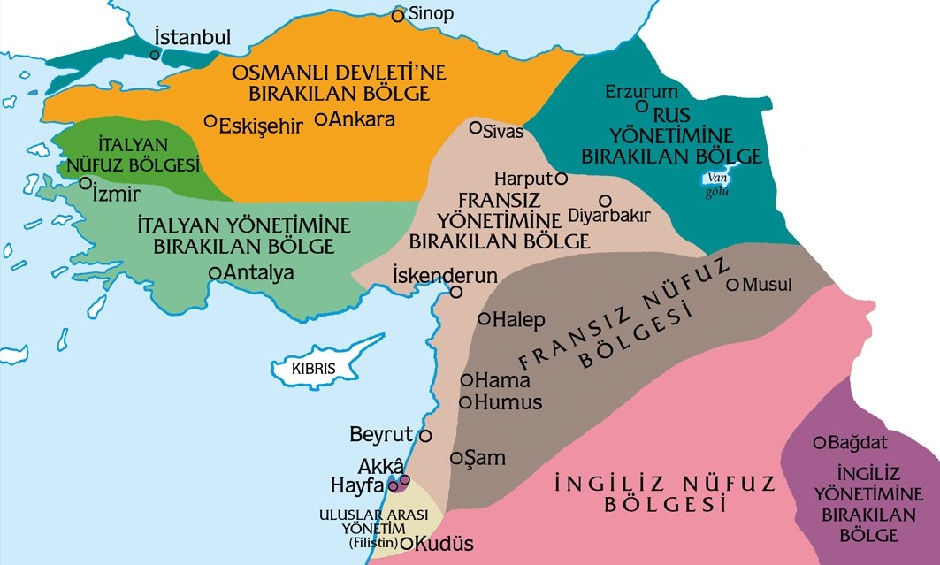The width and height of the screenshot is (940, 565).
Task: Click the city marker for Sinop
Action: pos(398,15)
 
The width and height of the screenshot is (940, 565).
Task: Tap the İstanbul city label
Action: pos(192,38)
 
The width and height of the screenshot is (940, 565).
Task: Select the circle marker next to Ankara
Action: pos(321,118)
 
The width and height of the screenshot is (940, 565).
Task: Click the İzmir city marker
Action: pos(86,184)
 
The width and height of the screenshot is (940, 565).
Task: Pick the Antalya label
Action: pos(259,273)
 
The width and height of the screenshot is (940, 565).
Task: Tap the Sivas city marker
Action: pos(476,128)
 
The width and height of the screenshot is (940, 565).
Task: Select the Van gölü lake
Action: pos(716,179)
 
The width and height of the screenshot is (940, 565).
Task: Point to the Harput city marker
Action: pos(561,178)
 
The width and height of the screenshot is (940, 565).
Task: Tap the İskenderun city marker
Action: pos(456,292)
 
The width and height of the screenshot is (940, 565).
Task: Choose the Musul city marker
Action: pos(732,285)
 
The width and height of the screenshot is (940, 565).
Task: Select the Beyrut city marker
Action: pos(425,436)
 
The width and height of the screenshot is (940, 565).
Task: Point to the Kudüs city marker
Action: pos(408,543)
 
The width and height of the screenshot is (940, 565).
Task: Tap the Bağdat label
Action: pos(861,442)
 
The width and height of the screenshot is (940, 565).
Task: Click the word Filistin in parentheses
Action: pos(375,543)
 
